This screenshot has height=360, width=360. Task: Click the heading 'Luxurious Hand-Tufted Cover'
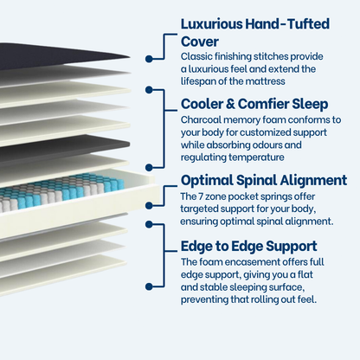point(255,32)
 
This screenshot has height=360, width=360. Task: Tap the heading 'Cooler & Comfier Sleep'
point(254,104)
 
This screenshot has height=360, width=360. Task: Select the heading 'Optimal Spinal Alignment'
point(264,181)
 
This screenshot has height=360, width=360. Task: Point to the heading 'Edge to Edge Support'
point(248,246)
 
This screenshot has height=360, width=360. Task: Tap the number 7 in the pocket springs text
point(200,196)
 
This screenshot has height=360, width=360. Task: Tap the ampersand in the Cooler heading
point(230,104)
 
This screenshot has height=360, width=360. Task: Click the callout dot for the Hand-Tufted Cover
point(149,59)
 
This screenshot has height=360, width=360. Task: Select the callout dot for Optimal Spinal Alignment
point(149,206)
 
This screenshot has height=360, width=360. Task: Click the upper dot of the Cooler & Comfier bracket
point(149,90)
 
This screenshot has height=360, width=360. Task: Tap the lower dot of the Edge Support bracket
point(149,286)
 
